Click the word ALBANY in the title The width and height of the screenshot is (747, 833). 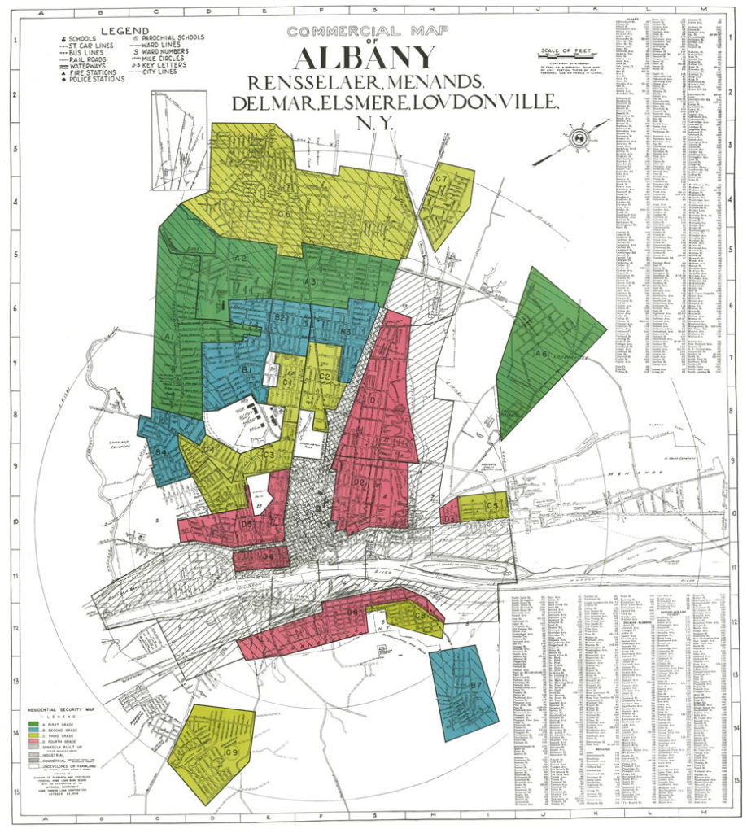(x=367, y=59)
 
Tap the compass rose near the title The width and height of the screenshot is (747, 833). (x=579, y=137)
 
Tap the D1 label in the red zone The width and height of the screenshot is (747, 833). (x=375, y=400)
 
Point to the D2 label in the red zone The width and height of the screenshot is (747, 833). (x=359, y=482)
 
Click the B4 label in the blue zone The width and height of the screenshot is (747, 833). (x=161, y=451)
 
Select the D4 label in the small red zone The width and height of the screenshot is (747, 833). (x=266, y=557)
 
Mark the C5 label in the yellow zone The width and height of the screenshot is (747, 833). (x=491, y=506)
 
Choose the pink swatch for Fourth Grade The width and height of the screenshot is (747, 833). (x=34, y=741)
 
